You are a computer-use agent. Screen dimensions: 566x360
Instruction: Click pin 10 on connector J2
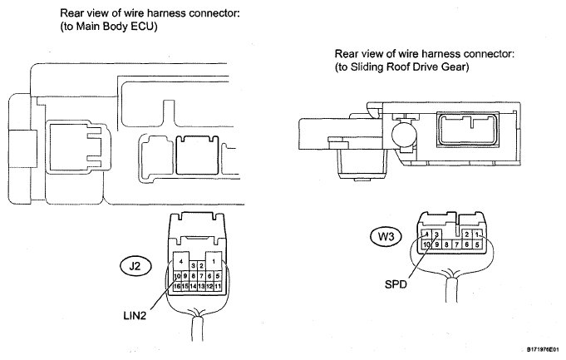(177, 276)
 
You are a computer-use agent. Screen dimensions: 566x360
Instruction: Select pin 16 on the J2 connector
(177, 286)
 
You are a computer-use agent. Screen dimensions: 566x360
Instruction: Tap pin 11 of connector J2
(218, 286)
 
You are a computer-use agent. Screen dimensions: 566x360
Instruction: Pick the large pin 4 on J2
(181, 261)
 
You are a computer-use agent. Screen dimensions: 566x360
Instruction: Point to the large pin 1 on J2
(214, 261)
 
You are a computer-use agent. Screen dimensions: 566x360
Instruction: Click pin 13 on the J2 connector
(201, 286)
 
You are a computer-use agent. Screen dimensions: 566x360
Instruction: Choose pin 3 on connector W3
(436, 234)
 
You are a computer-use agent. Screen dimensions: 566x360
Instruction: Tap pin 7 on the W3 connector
(456, 244)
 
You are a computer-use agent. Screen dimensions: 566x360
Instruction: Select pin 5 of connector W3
(477, 244)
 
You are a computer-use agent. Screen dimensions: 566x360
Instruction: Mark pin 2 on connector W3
(467, 234)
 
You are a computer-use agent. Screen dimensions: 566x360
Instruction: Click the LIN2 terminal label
(135, 316)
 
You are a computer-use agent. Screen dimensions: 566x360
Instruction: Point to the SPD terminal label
(396, 284)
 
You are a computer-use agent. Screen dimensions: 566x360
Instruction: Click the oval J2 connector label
(135, 266)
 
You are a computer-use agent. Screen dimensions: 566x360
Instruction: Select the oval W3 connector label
(386, 237)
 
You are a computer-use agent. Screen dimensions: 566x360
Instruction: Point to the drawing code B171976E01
(542, 349)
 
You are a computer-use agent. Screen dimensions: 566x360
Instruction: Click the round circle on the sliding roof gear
(404, 135)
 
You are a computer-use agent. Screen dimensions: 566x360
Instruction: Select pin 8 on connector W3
(446, 244)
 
